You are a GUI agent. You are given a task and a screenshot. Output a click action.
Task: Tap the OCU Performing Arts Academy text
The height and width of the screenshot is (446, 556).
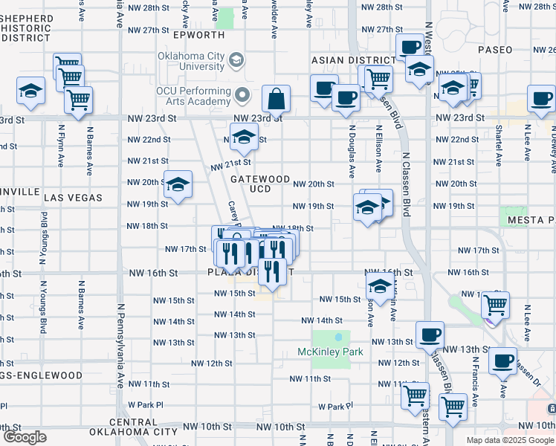tap(194, 95)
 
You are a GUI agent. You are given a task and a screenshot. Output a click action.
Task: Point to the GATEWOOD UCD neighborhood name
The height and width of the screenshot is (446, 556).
tap(259, 184)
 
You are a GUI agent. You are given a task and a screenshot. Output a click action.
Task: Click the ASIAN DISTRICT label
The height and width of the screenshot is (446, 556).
tap(353, 60)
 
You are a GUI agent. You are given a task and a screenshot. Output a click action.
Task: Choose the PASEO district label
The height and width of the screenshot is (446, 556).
tap(496, 50)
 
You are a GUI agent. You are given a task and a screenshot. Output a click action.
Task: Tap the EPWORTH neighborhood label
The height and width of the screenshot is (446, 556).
tap(198, 35)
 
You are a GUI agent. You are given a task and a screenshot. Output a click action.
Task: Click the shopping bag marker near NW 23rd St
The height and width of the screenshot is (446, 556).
tap(276, 100)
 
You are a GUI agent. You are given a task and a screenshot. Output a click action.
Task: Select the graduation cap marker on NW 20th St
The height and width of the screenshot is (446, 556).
tap(178, 185)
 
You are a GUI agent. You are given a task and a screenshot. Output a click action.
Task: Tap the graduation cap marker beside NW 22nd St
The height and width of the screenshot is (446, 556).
tap(243, 137)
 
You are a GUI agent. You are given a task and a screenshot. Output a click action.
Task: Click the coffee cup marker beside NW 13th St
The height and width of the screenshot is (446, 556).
tap(430, 335)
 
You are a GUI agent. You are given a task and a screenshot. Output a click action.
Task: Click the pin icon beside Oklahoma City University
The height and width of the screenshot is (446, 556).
tap(236, 59)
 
